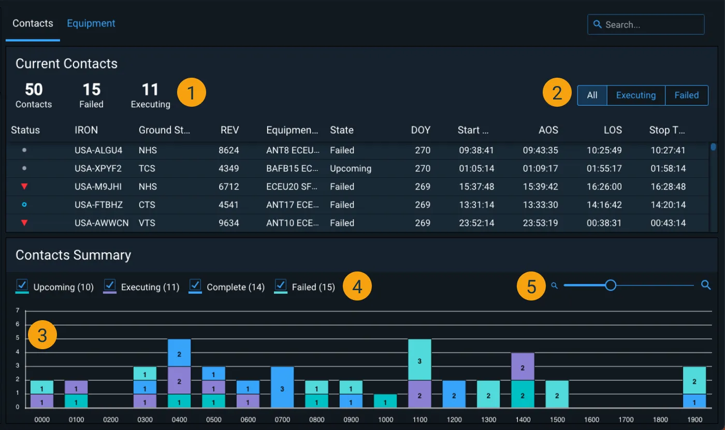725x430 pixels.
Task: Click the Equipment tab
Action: [x=91, y=24]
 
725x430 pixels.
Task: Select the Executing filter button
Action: [x=635, y=95]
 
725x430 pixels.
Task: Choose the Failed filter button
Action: [x=686, y=95]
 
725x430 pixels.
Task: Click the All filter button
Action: [x=592, y=95]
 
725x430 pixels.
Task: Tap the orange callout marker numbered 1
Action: [x=192, y=93]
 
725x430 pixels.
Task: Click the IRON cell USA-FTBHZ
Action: [x=98, y=205]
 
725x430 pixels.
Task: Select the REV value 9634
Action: [x=228, y=223]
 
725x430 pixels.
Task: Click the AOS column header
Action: [x=548, y=130]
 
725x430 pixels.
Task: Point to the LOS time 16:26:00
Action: [x=604, y=187]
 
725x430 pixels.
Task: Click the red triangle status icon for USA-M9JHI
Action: [x=24, y=187]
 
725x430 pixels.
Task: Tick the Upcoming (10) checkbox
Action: [x=22, y=284]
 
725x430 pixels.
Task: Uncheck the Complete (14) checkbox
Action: [x=195, y=284]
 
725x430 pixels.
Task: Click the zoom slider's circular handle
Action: [x=611, y=285]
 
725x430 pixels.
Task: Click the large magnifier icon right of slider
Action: [x=706, y=285]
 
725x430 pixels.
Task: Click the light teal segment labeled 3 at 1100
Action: [x=419, y=360]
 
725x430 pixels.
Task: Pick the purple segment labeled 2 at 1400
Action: [x=523, y=367]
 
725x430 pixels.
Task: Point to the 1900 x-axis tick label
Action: [x=694, y=420]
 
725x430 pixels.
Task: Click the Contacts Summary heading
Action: [x=73, y=255]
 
